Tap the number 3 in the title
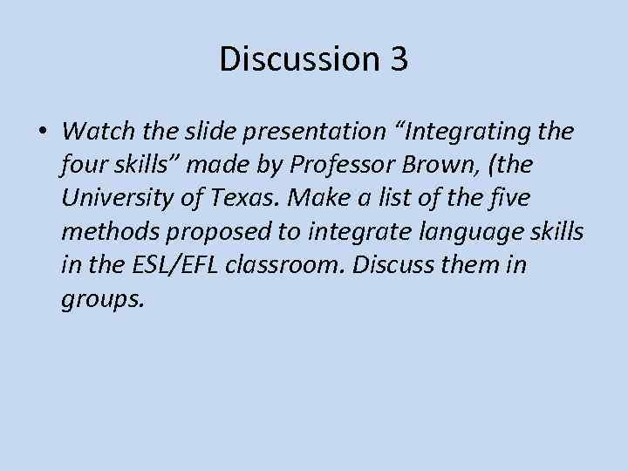pyautogui.click(x=394, y=59)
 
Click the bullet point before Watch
pyautogui.click(x=43, y=132)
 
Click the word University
pyautogui.click(x=117, y=198)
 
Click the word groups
pyautogui.click(x=100, y=298)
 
